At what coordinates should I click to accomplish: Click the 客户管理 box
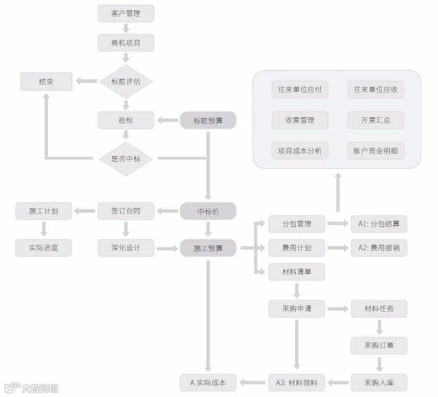click(x=126, y=13)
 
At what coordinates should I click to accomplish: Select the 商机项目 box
click(x=126, y=42)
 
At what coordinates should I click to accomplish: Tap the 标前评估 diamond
click(x=126, y=81)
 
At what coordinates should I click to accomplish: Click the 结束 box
click(x=46, y=81)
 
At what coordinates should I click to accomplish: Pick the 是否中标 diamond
click(x=126, y=159)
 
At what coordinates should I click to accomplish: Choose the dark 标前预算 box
click(x=208, y=120)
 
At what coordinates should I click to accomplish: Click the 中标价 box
click(x=208, y=212)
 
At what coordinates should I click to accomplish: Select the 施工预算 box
click(x=208, y=248)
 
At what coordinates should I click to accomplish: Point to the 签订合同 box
click(x=126, y=212)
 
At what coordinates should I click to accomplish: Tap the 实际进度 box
click(x=43, y=248)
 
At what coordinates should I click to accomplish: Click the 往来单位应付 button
click(x=300, y=90)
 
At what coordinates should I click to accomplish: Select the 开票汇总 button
click(x=376, y=120)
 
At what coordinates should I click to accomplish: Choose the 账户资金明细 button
click(x=376, y=151)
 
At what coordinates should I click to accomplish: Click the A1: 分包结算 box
click(x=378, y=224)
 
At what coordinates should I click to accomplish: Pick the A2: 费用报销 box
click(x=378, y=248)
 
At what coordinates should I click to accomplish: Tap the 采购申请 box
click(x=297, y=309)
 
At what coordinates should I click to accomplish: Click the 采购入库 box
click(x=378, y=382)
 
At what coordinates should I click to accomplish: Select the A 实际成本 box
click(x=208, y=382)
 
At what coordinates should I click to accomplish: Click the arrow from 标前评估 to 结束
click(x=86, y=81)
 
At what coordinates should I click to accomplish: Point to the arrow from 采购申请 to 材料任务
click(x=337, y=309)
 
